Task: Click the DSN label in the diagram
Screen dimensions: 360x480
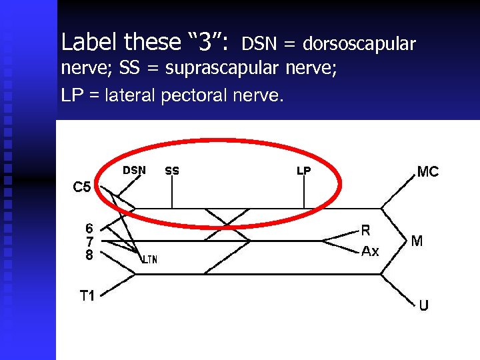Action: click(134, 170)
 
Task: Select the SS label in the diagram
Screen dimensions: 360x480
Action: click(172, 171)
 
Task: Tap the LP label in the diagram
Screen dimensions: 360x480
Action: click(303, 171)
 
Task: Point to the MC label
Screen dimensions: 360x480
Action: click(427, 172)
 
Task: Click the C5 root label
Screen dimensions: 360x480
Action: click(82, 187)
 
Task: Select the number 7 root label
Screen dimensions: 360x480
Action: click(89, 241)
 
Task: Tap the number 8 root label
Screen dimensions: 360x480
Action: click(89, 254)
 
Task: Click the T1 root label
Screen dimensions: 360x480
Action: click(87, 296)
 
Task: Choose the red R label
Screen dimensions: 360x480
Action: click(366, 231)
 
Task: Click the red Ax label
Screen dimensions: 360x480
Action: click(370, 251)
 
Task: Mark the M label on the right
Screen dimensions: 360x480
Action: click(417, 241)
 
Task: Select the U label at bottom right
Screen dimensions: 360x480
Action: click(424, 306)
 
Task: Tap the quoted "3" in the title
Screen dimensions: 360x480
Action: click(207, 43)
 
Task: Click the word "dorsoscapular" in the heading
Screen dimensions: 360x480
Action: click(359, 45)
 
